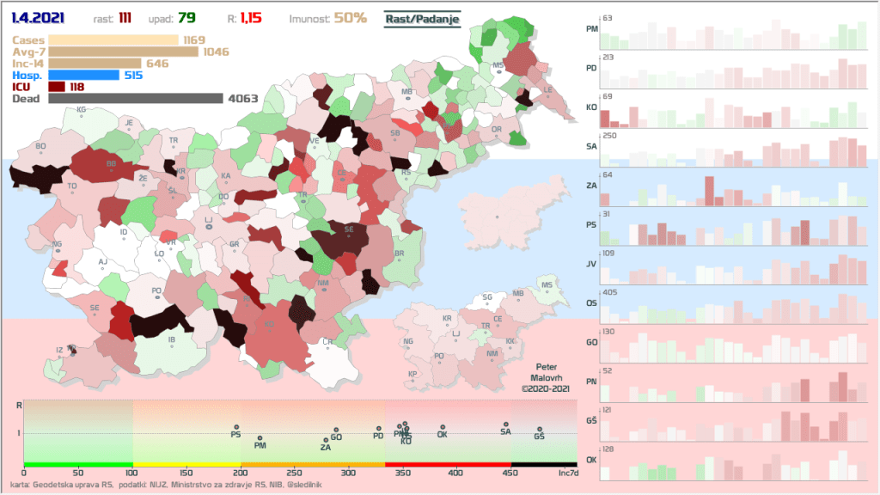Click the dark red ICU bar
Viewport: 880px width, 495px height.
click(x=57, y=87)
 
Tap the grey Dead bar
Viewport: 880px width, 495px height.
click(x=136, y=99)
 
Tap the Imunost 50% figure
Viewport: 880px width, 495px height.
click(x=351, y=18)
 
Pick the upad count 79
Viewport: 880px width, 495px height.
click(x=187, y=18)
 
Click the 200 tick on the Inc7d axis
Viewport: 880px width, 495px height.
click(x=241, y=473)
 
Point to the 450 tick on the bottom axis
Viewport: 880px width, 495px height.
click(x=512, y=473)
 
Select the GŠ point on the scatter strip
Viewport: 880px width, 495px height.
click(x=540, y=429)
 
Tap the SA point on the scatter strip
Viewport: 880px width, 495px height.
click(x=506, y=424)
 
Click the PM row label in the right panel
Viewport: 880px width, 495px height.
click(x=591, y=28)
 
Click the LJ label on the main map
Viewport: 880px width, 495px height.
click(x=208, y=220)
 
